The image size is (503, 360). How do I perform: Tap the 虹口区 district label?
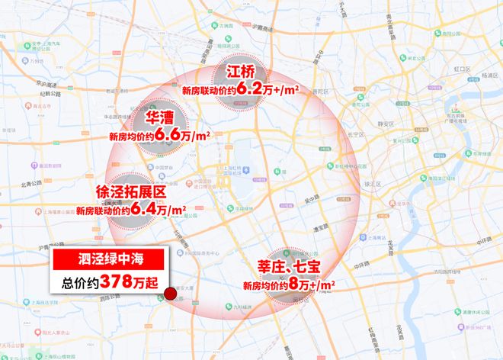coord(463,69)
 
